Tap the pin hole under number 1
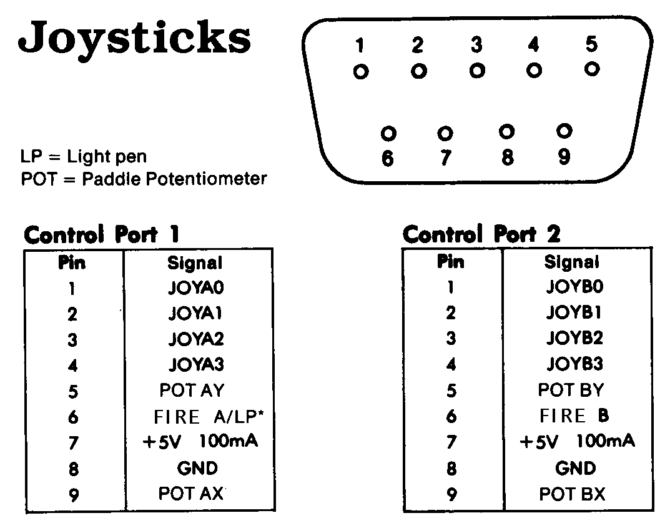(x=361, y=71)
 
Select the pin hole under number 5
(x=592, y=69)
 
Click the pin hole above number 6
(x=388, y=134)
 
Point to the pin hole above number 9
(x=564, y=131)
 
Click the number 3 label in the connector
(x=476, y=44)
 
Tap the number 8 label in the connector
(x=507, y=157)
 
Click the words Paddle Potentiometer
(x=174, y=179)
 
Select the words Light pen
(x=107, y=156)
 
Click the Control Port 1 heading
(x=102, y=234)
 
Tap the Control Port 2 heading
(x=481, y=234)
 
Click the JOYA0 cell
(x=196, y=287)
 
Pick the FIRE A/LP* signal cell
(x=209, y=416)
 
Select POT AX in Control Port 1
(x=191, y=494)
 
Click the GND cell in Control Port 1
(x=197, y=468)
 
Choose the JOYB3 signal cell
(x=574, y=364)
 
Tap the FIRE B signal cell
(x=574, y=415)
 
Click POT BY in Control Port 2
(x=571, y=389)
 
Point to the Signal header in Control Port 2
(x=572, y=262)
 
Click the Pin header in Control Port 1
(x=72, y=263)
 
